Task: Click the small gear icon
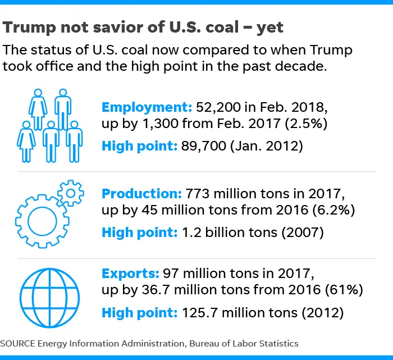pos(70,193)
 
